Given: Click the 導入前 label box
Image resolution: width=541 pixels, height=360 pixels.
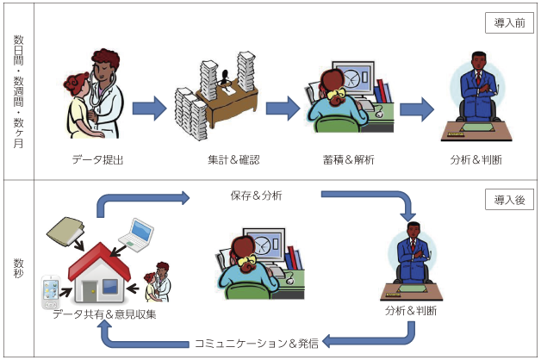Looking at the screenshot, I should tap(509, 23).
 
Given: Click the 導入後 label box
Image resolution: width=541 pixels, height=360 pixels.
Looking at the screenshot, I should tap(509, 201).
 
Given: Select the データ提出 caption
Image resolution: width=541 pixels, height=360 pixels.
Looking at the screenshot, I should tap(93, 159).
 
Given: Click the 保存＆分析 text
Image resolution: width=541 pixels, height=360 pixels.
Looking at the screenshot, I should tap(256, 196).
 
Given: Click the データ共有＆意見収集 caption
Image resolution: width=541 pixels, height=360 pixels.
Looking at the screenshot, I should tap(103, 314).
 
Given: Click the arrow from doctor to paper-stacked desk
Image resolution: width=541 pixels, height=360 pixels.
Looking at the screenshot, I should tap(148, 108).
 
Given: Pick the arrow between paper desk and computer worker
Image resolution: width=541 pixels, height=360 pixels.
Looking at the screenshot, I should tap(282, 108).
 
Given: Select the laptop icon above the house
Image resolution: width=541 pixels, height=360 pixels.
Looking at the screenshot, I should tap(136, 233).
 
